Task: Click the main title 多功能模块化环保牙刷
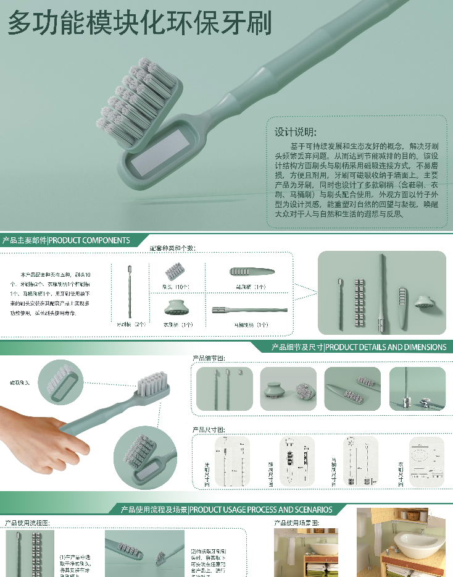point(139,23)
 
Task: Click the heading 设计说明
point(296,132)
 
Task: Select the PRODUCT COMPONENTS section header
point(65,240)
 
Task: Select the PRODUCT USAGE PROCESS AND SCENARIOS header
point(226,510)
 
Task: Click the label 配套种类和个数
point(172,248)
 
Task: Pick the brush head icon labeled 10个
point(174,271)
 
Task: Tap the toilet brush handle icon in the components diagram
point(249,310)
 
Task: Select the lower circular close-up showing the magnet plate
point(146,458)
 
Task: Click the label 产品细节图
point(209,358)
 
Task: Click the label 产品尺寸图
point(209,429)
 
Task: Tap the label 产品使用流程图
point(27,523)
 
